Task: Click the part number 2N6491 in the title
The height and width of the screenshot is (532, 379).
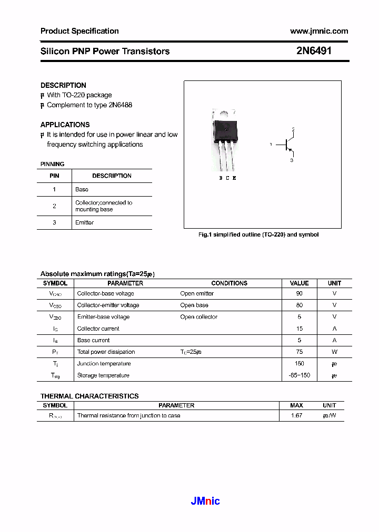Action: click(x=314, y=51)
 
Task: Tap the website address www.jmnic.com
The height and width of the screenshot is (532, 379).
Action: click(x=319, y=31)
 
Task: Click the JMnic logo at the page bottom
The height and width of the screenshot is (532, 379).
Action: click(x=205, y=501)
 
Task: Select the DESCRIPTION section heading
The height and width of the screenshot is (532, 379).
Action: click(x=63, y=85)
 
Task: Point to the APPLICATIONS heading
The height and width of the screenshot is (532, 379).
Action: click(x=65, y=125)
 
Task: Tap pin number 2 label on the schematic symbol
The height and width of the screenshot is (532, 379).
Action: click(x=293, y=129)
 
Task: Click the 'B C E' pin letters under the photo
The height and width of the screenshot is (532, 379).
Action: click(x=227, y=178)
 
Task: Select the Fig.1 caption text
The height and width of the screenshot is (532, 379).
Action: click(x=258, y=234)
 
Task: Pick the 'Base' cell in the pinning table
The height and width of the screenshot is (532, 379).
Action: click(x=82, y=189)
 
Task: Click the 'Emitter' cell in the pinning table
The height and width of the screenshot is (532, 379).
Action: click(x=84, y=222)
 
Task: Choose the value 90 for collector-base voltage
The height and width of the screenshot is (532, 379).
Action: click(x=300, y=293)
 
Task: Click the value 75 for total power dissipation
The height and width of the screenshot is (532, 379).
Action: click(x=300, y=352)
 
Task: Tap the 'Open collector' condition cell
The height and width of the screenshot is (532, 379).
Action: click(x=198, y=317)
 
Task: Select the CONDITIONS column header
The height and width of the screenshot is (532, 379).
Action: click(x=229, y=283)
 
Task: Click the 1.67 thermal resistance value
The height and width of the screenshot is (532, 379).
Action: click(x=296, y=415)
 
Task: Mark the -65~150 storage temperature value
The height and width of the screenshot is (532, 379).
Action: click(x=300, y=375)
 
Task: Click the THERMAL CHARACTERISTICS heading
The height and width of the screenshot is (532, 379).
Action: click(x=89, y=396)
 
